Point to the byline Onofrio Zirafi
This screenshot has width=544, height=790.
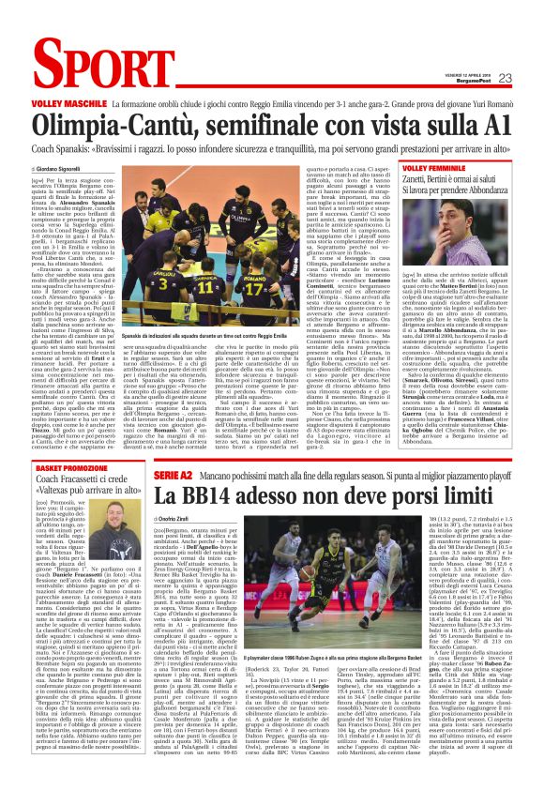coord(180,518)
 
